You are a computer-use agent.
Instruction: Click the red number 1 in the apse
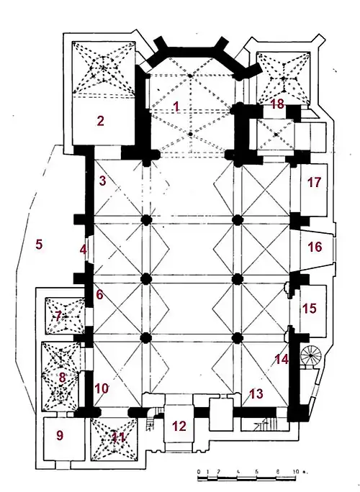[176, 106]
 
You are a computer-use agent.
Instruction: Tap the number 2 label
[100, 121]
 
